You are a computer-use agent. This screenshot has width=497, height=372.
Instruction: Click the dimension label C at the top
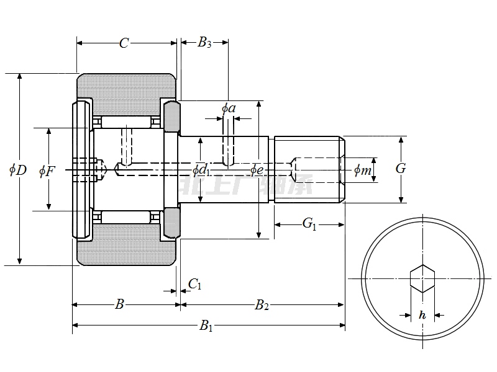[x=124, y=43]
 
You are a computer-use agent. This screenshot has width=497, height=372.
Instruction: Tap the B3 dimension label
[x=204, y=43]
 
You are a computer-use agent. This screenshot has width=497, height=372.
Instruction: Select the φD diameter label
[x=19, y=169]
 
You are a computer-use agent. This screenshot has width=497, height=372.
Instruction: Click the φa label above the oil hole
[x=229, y=108]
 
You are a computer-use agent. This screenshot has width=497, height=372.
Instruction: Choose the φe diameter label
[x=257, y=169]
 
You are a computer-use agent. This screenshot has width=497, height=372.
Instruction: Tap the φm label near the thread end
[x=363, y=170]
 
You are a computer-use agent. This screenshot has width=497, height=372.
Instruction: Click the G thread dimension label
[x=401, y=168]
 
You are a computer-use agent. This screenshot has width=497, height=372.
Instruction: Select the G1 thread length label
[x=309, y=224]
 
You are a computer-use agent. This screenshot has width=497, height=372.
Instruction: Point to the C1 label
[x=194, y=284]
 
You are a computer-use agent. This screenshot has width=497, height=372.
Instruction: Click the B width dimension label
[x=121, y=304]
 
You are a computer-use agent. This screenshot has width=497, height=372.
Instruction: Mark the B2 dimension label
[x=262, y=304]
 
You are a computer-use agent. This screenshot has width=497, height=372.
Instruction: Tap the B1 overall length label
[x=206, y=325]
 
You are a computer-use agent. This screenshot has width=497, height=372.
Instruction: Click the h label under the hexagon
[x=422, y=315]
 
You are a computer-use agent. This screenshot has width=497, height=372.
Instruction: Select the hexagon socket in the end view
[x=422, y=279]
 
